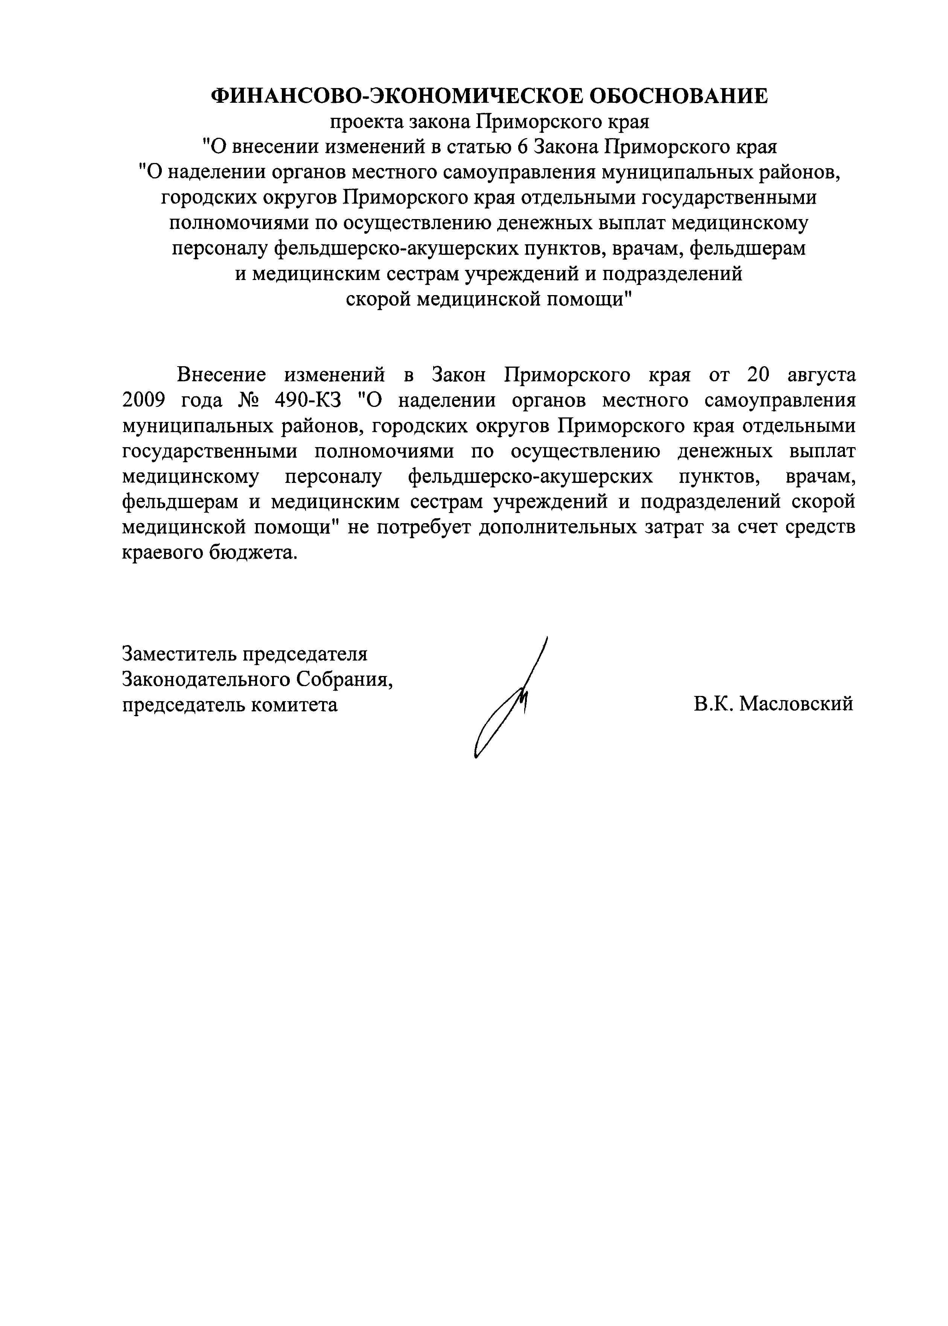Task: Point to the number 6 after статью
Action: coord(522,147)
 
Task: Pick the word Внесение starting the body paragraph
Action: coord(221,375)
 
